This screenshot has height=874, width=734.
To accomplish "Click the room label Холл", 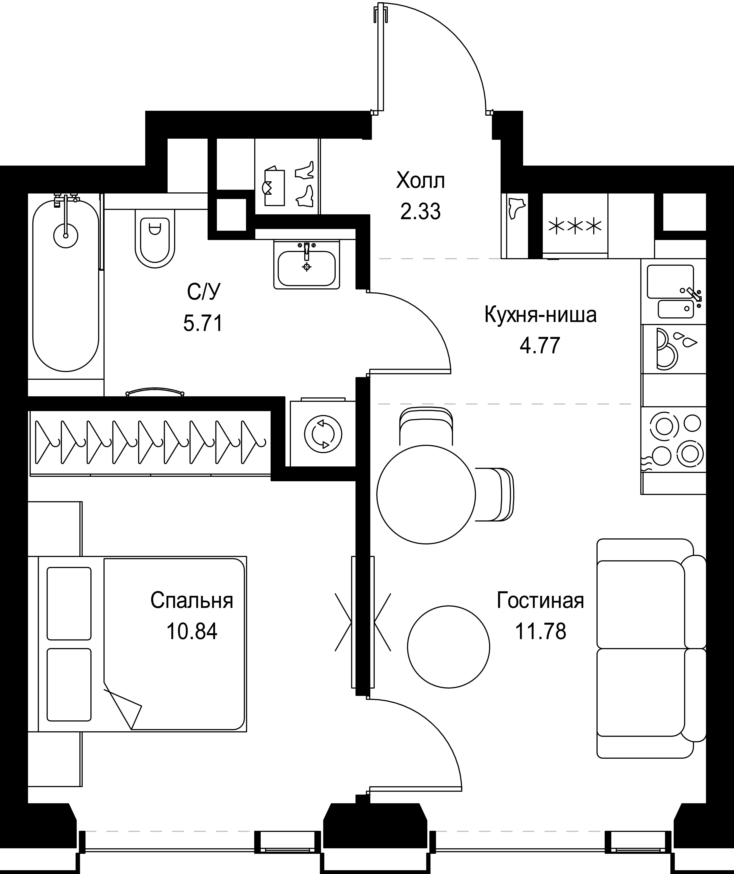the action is point(420,181).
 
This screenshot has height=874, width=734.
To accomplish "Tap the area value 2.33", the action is point(420,211).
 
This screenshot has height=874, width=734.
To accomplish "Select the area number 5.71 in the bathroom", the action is point(203,323).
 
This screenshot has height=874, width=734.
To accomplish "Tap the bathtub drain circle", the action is point(66,236).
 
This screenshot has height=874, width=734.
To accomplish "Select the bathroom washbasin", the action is point(307,264).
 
